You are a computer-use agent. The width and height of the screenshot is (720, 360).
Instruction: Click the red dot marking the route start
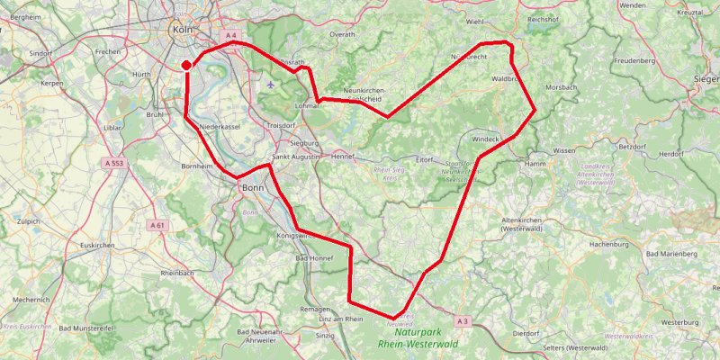coord(186,65)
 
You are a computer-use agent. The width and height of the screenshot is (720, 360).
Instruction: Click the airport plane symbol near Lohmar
coord(273,85)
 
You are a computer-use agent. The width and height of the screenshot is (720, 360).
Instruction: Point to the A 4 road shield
coord(231,35)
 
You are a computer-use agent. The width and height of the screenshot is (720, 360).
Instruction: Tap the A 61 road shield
coord(157,225)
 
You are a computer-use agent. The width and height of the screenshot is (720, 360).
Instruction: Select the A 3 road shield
coord(463,321)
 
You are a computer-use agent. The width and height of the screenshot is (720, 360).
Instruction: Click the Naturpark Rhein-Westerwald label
coord(418,338)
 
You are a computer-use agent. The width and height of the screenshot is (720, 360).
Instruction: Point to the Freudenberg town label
coord(638,60)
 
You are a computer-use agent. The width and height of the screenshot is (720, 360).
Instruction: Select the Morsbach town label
coord(561,87)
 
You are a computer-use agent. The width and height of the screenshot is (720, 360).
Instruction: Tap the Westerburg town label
coord(679,320)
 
